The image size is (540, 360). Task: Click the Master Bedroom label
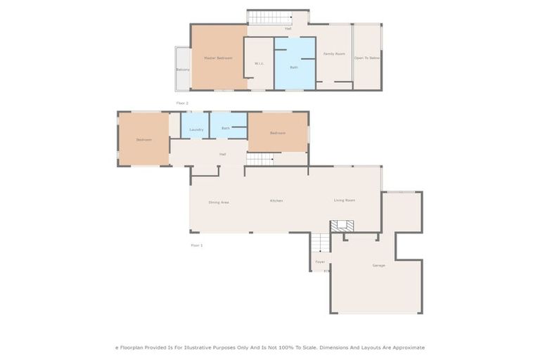[x=218, y=58]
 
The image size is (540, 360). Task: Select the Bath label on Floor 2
[x=294, y=67]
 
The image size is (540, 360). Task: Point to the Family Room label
[x=334, y=54]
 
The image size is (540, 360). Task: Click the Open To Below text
[x=367, y=58]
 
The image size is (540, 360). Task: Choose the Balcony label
[x=183, y=70]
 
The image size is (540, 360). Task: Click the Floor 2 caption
[x=182, y=103]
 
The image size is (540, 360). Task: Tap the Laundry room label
[x=196, y=129]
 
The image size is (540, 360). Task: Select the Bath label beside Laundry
[x=226, y=128]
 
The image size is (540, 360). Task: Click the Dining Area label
[x=219, y=202]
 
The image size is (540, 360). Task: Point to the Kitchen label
[x=277, y=201]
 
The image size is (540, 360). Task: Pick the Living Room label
[x=344, y=200]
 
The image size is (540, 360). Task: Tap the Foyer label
[x=320, y=262]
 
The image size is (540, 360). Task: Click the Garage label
[x=378, y=265]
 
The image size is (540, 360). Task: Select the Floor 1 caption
[x=196, y=245]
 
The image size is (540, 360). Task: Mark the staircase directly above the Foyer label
[x=320, y=243]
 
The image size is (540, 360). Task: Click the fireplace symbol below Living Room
[x=342, y=226]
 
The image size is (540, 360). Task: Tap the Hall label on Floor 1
[x=222, y=154]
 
